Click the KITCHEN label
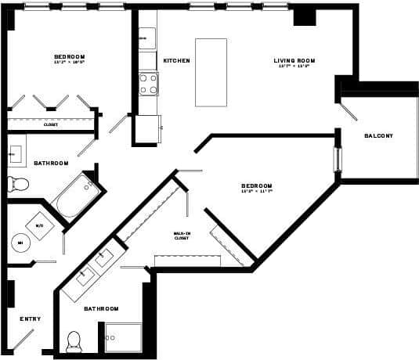click(176, 61)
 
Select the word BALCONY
click(379, 136)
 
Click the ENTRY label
click(31, 319)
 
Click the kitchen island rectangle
click(211, 72)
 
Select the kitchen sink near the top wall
click(147, 38)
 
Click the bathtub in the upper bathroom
click(75, 196)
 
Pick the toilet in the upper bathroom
click(17, 185)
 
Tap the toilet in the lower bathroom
click(75, 340)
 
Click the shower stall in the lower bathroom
click(124, 337)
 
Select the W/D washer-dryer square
click(38, 225)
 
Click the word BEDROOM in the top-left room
click(70, 56)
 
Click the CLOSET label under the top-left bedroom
click(50, 124)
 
